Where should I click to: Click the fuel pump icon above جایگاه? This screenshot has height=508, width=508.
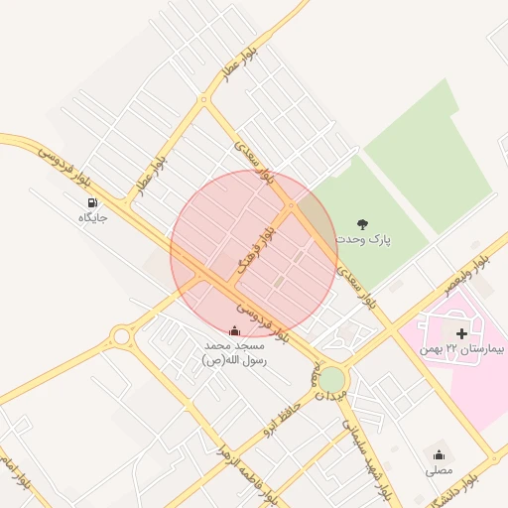pyautogui.click(x=92, y=202)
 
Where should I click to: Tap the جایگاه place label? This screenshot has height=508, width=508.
pyautogui.click(x=92, y=216)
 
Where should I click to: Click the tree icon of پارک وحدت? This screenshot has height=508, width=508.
pyautogui.click(x=361, y=224)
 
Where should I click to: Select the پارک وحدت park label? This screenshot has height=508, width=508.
pyautogui.click(x=362, y=240)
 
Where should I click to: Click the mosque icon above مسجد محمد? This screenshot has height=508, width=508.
pyautogui.click(x=234, y=330)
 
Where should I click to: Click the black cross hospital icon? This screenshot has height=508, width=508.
pyautogui.click(x=461, y=333)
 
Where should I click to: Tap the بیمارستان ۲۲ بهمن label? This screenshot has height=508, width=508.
pyautogui.click(x=461, y=349)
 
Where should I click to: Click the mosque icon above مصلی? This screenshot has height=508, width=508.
pyautogui.click(x=439, y=455)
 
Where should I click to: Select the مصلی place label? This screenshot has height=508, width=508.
pyautogui.click(x=439, y=470)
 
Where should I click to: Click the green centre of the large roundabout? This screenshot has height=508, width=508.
pyautogui.click(x=332, y=379)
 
